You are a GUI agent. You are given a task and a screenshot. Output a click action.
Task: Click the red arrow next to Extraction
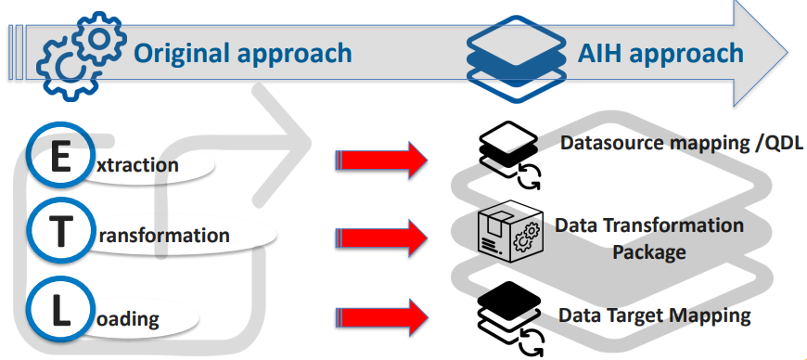click(x=380, y=161)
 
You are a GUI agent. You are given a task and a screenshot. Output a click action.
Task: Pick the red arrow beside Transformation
click(x=380, y=236)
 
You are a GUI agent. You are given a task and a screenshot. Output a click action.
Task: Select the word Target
click(x=641, y=315)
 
